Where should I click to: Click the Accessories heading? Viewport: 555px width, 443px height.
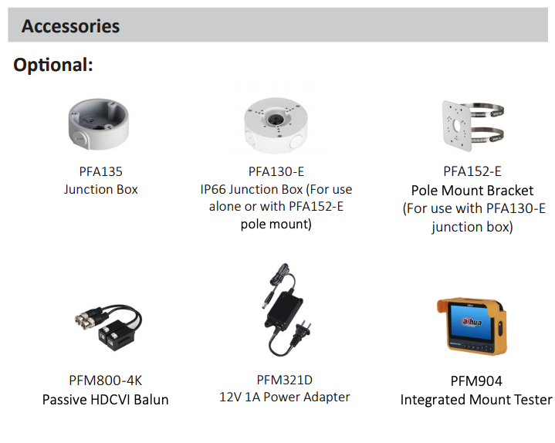pos(70,26)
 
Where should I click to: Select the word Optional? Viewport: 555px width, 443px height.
pos(52,65)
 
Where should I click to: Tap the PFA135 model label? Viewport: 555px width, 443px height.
pos(100,171)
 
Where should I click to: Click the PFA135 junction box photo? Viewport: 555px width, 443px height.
pos(98,123)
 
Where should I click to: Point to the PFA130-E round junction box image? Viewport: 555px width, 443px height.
pos(276,126)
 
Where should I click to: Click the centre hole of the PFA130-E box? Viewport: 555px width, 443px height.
pos(274,120)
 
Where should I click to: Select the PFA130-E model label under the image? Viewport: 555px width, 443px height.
pos(276,171)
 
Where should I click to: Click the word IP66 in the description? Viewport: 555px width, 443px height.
pos(213,189)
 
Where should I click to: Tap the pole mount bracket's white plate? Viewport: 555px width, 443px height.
pos(457,127)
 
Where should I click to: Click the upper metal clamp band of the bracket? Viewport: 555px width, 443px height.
pos(487,110)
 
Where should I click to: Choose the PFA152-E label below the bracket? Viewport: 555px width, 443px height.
pos(472,171)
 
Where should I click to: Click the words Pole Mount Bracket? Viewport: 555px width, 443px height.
pos(472,191)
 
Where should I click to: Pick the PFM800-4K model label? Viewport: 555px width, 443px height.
pos(106,380)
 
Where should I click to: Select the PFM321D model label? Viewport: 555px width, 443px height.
pos(285,380)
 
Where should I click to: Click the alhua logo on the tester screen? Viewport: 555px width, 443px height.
pos(472,322)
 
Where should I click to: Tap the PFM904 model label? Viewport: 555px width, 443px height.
pos(476,381)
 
